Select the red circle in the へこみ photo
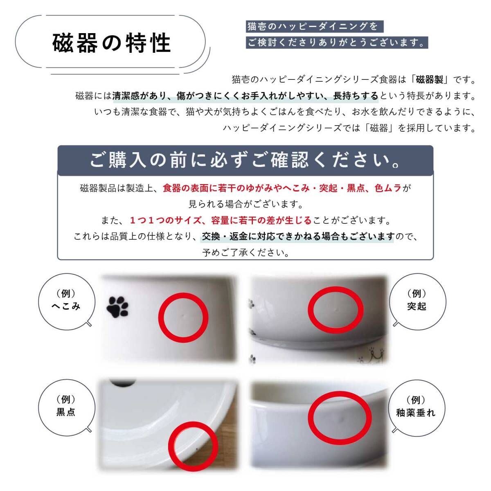(x=183, y=318)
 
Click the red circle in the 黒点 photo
(x=194, y=446)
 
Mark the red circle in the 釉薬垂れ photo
(x=340, y=417)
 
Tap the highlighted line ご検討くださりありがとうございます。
(x=336, y=43)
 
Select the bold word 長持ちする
(x=356, y=96)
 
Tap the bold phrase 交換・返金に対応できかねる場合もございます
(x=298, y=236)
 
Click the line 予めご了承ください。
(x=246, y=252)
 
